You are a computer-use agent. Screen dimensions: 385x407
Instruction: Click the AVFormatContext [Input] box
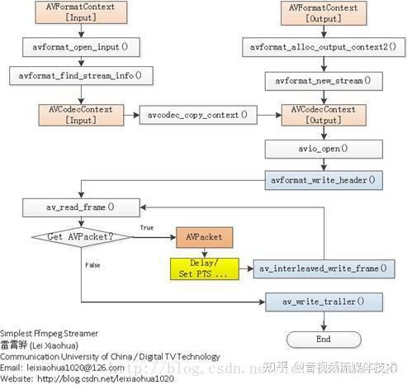[x=81, y=12]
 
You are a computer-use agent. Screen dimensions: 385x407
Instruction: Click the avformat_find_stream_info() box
[x=81, y=76]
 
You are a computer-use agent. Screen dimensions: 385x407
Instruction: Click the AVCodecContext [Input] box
[x=81, y=114]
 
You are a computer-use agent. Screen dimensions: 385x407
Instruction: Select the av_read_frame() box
[x=81, y=207]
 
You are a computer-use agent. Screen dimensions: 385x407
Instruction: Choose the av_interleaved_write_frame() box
[x=324, y=269]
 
